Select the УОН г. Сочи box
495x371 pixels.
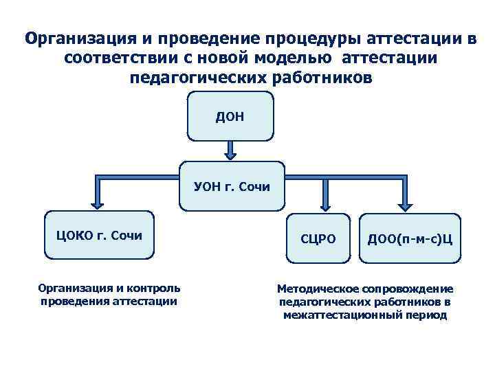[x=231, y=185]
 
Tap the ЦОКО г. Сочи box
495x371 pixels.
[x=99, y=235]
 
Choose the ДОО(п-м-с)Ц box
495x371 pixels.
[x=409, y=238]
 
